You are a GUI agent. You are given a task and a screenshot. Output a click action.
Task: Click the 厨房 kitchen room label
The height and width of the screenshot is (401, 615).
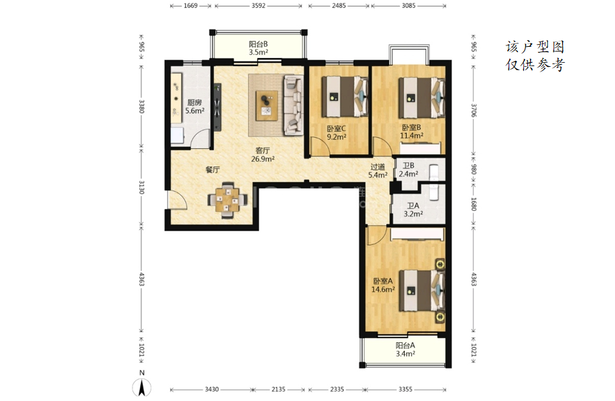195,103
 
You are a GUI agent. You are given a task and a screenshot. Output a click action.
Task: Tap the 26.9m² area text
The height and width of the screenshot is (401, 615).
263,159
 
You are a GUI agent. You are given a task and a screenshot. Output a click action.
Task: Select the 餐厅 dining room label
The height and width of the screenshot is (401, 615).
213,170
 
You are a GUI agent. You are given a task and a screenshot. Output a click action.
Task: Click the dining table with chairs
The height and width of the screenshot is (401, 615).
228,200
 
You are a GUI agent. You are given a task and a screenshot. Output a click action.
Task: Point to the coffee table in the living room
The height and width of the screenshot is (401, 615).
267,106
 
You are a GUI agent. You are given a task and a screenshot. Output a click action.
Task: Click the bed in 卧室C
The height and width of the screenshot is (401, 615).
345,97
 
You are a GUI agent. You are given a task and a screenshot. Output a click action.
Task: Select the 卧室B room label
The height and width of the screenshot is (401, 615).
412,128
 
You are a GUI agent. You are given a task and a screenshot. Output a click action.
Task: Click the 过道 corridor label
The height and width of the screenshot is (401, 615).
377,167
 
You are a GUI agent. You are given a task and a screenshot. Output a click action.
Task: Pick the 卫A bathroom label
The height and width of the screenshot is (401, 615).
413,206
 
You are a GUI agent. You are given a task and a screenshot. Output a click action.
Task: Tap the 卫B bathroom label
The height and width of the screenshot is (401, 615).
408,166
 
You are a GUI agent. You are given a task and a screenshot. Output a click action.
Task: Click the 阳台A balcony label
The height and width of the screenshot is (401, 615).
405,346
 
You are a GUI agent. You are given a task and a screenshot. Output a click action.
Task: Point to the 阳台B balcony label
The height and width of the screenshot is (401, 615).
258,44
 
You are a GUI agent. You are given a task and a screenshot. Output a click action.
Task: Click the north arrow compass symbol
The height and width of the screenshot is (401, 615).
142,387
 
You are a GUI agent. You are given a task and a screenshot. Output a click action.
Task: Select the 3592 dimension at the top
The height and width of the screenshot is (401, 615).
258,6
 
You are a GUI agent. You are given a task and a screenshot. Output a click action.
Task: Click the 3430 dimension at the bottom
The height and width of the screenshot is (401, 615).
211,389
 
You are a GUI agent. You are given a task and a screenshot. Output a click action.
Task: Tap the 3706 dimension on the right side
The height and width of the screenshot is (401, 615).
473,110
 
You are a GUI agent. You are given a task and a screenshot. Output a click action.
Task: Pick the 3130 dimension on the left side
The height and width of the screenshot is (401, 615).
142,187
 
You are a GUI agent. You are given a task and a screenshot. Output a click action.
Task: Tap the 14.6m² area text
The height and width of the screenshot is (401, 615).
383,289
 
